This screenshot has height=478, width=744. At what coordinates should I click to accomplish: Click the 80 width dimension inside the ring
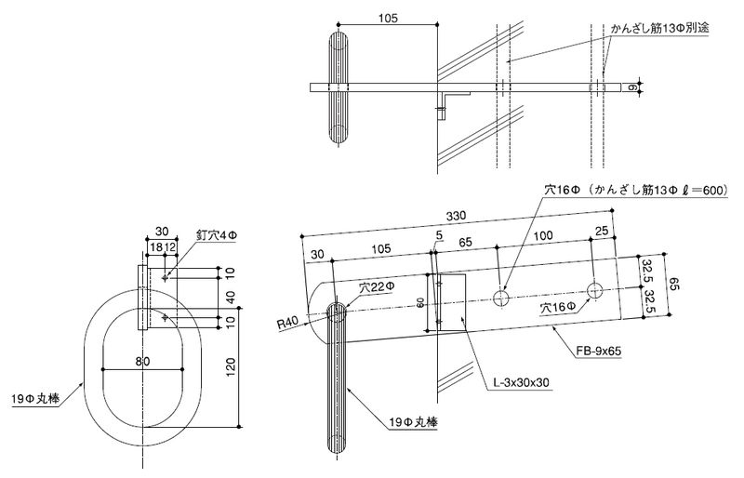coord(142,362)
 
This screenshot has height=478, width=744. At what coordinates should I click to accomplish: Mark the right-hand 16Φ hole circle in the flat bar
coord(594,286)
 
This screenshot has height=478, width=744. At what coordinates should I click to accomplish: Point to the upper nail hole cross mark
coord(166,276)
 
